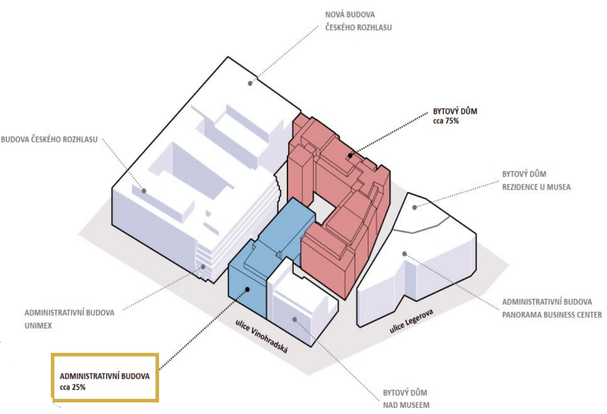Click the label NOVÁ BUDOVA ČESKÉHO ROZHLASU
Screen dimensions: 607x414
(x=358, y=21)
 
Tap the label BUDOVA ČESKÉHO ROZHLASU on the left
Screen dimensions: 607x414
(x=49, y=140)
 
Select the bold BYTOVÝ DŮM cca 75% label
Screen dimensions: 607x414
(x=455, y=116)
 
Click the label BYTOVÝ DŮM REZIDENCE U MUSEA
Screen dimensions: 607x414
(x=536, y=181)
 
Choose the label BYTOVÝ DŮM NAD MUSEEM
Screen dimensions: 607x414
(x=406, y=399)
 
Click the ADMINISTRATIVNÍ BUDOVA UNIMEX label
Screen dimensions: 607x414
(x=70, y=319)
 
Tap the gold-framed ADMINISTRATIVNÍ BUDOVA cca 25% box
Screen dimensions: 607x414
(x=104, y=377)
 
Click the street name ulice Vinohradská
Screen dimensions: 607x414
(x=261, y=336)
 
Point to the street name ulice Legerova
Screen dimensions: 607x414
(x=411, y=321)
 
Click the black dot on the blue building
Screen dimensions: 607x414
(x=248, y=289)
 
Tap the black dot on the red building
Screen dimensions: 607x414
(x=350, y=156)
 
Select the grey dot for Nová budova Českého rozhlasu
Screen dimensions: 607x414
(x=250, y=84)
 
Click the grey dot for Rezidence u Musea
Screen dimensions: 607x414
(x=414, y=208)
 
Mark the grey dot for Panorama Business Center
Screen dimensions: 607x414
(x=404, y=254)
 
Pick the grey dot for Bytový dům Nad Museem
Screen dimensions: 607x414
(x=295, y=320)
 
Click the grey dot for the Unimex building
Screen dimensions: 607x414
(x=203, y=267)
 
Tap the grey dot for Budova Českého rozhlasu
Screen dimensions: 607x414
(x=144, y=191)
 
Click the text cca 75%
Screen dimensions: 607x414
(x=445, y=121)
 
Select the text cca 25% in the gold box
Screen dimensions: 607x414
(x=72, y=387)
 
